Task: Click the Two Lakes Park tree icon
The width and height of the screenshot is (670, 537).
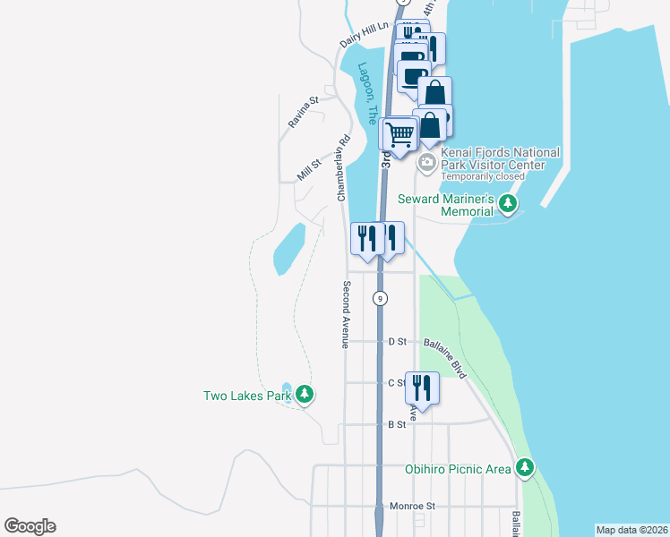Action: (305, 395)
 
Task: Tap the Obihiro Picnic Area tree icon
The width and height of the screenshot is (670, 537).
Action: (524, 468)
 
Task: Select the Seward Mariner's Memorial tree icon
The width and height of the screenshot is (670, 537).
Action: (509, 205)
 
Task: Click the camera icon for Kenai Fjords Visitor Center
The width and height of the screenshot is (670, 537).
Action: (427, 161)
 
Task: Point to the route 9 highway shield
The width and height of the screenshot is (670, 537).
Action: (382, 298)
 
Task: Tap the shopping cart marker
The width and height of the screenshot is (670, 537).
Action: (400, 134)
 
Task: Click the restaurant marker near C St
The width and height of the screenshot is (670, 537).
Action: (422, 388)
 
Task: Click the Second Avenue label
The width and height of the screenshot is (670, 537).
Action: (346, 314)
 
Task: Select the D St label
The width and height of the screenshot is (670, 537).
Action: (398, 342)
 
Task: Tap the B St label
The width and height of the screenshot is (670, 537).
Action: (397, 425)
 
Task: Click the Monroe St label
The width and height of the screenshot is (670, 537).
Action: (412, 506)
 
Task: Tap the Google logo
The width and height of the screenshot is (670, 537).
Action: (30, 526)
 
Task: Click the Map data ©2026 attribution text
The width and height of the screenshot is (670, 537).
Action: (631, 530)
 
